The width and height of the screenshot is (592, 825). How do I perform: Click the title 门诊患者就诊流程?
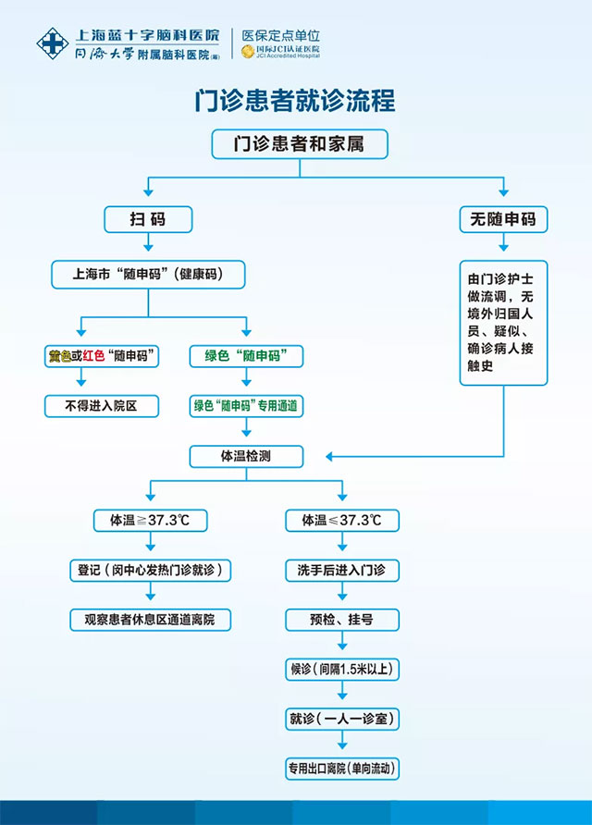[x=295, y=100]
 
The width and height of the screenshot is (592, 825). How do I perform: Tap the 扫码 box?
[x=148, y=219]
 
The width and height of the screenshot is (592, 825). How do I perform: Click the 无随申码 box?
[x=502, y=219]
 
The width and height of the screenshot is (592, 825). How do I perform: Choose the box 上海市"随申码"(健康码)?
[x=148, y=274]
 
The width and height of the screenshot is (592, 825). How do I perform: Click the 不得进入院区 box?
[x=102, y=405]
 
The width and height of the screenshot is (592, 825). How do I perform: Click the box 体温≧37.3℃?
[x=150, y=521]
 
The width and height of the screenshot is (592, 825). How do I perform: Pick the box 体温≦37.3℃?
[x=341, y=521]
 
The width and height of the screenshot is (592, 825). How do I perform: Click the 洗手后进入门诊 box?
[x=341, y=570]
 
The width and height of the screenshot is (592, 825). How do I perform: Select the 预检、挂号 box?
[x=341, y=619]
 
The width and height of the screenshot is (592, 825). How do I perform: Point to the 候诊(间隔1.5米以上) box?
[x=341, y=669]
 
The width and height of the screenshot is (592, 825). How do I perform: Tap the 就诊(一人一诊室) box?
[x=341, y=718]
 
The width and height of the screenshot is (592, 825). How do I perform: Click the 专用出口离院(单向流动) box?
[x=341, y=768]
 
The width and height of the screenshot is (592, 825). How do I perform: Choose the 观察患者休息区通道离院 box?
[x=150, y=620]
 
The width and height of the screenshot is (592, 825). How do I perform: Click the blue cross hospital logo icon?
[x=51, y=42]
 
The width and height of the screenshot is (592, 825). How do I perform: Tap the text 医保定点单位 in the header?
[x=280, y=34]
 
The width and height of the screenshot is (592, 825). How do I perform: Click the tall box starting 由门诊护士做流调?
[x=503, y=322]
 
